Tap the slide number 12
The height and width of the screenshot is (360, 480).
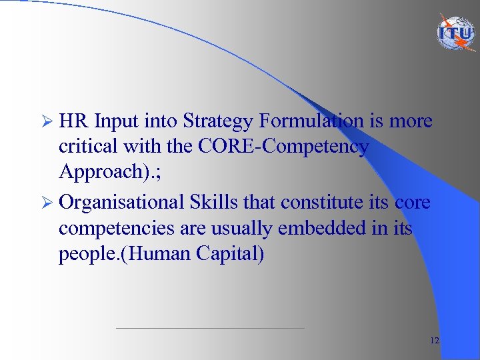pos(435,341)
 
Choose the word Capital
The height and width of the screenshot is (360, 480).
pos(234,255)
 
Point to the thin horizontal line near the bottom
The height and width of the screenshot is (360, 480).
pos(210,328)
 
